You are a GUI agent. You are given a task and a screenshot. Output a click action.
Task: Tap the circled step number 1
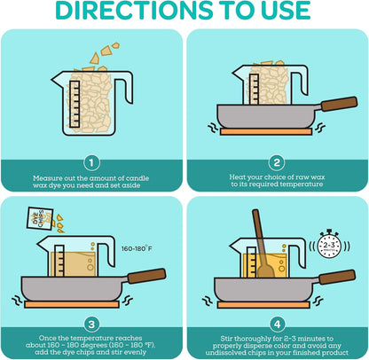click(x=91, y=163)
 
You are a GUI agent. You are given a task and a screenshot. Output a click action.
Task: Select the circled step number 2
click(x=277, y=162)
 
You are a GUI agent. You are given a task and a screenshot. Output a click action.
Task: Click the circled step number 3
click(x=91, y=325)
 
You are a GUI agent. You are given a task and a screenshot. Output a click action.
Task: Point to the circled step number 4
click(x=278, y=325)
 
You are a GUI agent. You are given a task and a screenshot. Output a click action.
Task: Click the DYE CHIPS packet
click(x=40, y=218)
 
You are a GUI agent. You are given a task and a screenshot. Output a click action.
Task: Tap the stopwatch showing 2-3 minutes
click(x=329, y=245)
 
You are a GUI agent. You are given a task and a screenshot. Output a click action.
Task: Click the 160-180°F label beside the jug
click(x=137, y=248)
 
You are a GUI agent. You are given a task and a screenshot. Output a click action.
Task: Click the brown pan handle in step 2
click(x=339, y=104)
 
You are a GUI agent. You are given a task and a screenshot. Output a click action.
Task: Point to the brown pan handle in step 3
click(x=146, y=276)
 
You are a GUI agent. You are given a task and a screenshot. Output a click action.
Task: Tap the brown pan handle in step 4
click(x=337, y=277)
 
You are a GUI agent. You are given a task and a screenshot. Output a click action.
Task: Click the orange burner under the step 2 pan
click(x=266, y=131)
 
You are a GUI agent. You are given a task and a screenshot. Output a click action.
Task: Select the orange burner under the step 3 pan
click(x=72, y=304)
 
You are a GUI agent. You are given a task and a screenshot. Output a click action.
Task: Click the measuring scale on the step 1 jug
click(x=75, y=104)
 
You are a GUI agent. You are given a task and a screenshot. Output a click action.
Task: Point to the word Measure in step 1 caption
click(x=47, y=178)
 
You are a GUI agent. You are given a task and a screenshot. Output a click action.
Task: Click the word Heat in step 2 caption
click(x=238, y=177)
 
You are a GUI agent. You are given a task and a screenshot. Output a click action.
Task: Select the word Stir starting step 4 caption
click(x=226, y=339)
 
